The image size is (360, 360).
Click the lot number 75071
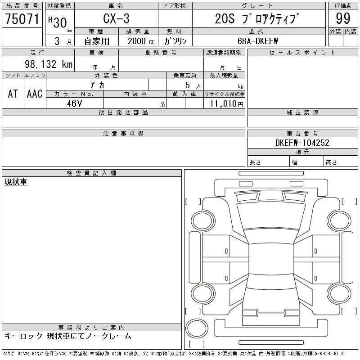22,19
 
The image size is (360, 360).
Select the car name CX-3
116,18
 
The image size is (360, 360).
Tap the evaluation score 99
343,18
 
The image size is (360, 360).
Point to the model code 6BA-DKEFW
257,41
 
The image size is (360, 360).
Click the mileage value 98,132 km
49,64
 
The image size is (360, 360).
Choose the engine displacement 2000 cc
141,41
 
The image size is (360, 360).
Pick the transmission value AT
13,94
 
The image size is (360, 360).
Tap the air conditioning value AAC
35,94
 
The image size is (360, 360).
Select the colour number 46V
74,103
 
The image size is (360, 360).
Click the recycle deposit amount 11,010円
227,104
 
